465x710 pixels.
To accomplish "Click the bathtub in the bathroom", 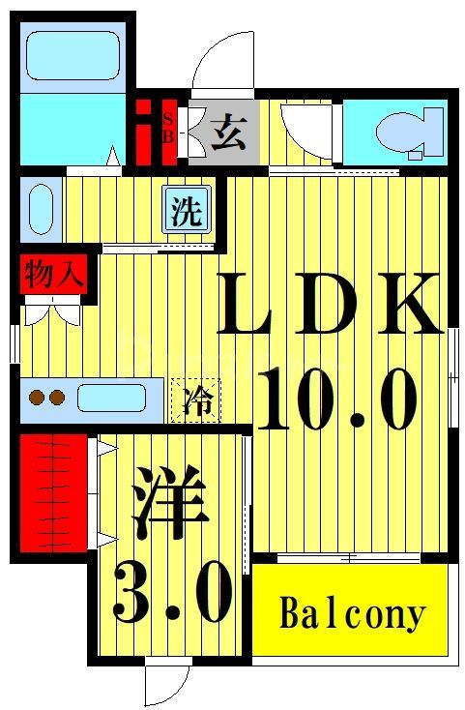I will [x=72, y=54].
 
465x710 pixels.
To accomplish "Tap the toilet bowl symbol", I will [x=397, y=133].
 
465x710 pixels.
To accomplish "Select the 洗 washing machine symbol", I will [x=187, y=210].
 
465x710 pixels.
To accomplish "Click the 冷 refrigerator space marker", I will [x=196, y=399].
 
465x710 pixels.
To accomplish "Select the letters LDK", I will [x=329, y=305].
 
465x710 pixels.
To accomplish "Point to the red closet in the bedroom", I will [x=54, y=493].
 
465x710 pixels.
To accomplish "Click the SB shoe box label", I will [x=167, y=128].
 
